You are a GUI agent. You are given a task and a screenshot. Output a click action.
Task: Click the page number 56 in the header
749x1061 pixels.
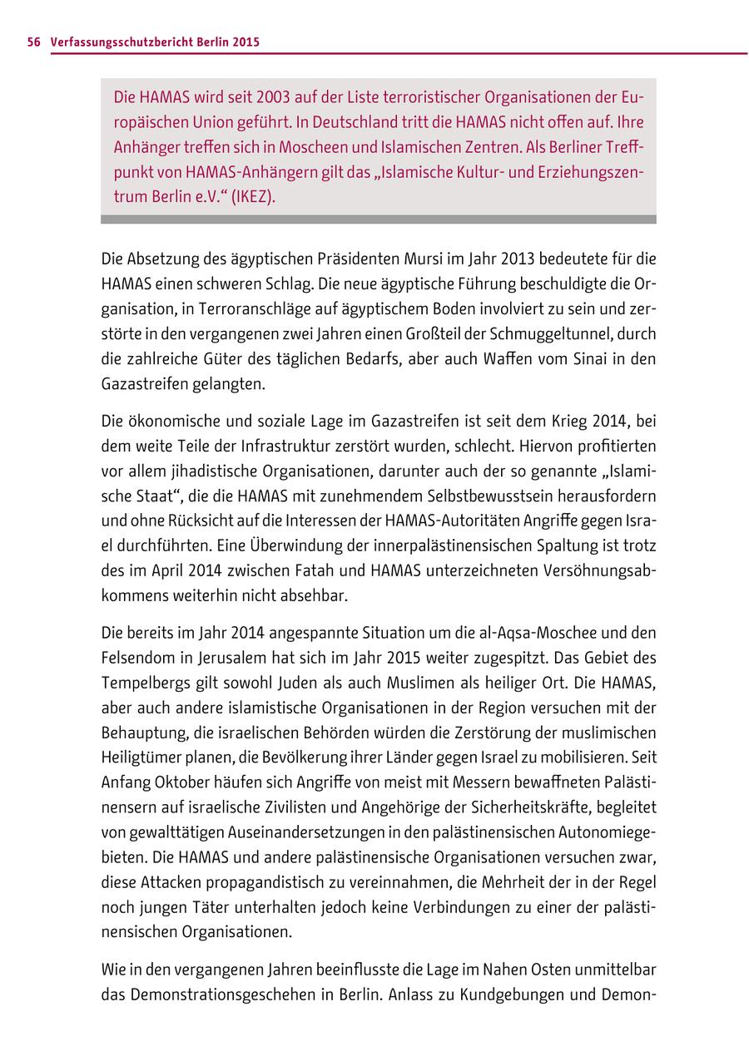click(33, 42)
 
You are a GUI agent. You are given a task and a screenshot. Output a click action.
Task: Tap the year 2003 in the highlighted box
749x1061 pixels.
click(275, 97)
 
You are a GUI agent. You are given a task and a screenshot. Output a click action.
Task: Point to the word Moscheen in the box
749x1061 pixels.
click(269, 147)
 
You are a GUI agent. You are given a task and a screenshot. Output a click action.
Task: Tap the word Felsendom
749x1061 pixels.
click(136, 657)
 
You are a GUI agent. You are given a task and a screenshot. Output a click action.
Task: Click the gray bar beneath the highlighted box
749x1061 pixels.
click(378, 220)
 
